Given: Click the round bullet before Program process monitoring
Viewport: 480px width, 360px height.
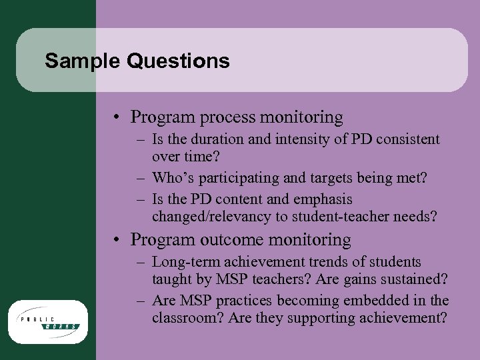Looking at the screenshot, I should (117, 119).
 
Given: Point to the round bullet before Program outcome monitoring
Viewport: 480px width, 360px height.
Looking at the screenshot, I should (117, 240).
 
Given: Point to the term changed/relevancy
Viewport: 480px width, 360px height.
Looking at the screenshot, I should (211, 216).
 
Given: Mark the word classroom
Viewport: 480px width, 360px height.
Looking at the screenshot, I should (187, 318).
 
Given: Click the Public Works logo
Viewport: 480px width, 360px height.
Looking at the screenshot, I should (48, 321).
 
